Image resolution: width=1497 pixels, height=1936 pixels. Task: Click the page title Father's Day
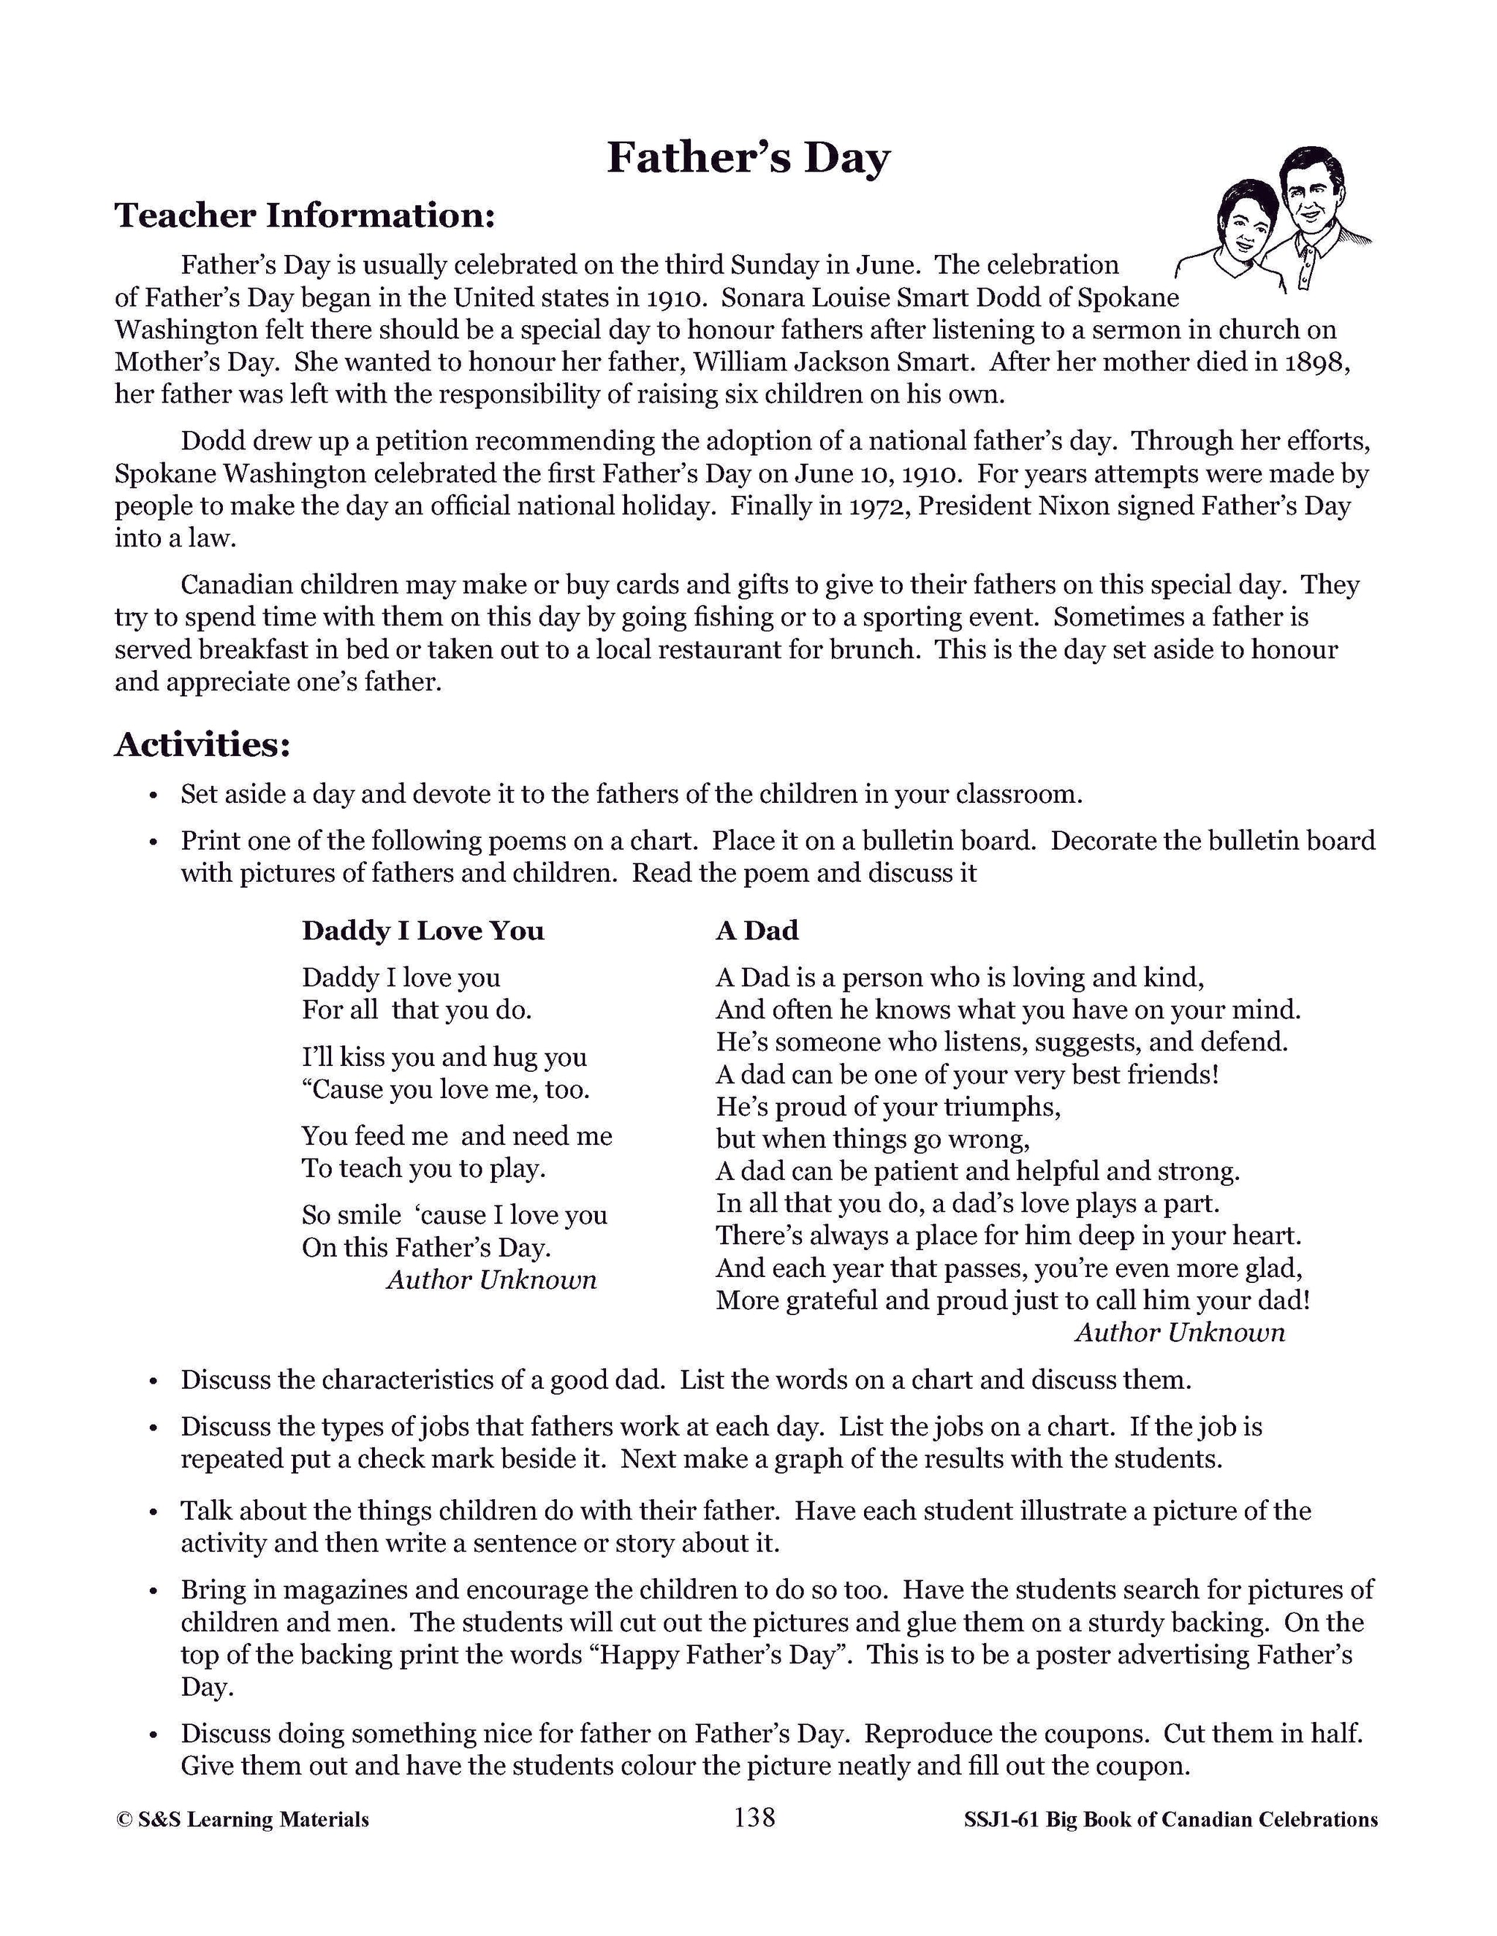pos(748,159)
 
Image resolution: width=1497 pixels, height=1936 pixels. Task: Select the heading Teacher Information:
pos(304,216)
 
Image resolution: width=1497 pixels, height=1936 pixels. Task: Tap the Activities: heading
pos(202,744)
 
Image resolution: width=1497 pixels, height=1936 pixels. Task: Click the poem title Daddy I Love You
pos(423,931)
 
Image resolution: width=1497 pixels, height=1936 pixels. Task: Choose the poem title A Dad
pos(757,931)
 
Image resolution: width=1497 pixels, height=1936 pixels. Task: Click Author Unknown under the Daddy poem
pos(491,1280)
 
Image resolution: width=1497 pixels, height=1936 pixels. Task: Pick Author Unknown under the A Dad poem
pos(1180,1333)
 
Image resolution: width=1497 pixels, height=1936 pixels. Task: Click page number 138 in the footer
pos(754,1818)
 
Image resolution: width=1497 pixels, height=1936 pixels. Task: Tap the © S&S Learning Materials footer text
pos(242,1820)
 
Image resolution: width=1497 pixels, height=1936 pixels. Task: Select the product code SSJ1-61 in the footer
pos(1001,1820)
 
